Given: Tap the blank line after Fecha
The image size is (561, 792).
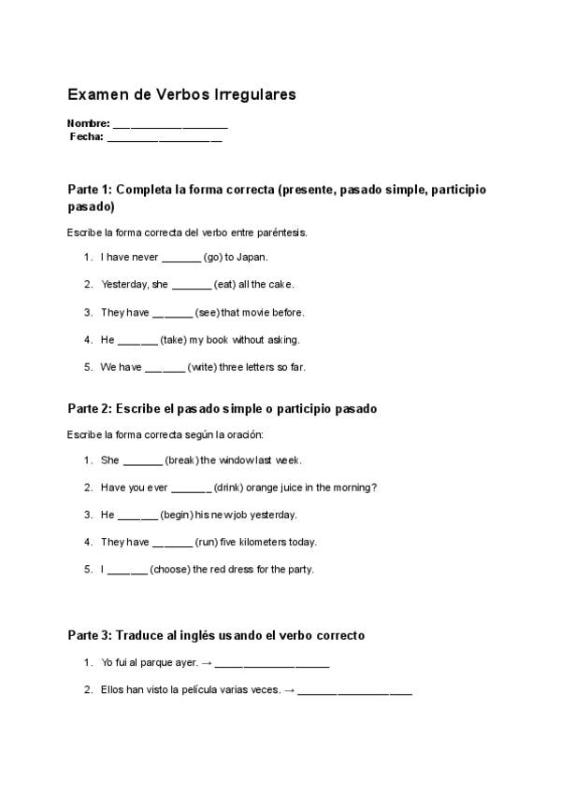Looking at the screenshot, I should coord(165,138).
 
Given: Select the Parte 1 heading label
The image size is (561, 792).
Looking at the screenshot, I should coord(90,190).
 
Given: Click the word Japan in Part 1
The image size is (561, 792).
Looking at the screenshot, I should coord(254,257).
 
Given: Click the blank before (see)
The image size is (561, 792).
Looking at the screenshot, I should coord(172,313).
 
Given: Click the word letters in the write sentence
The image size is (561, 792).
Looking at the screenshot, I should coord(271,368).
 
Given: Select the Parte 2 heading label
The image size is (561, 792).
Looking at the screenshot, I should coord(90,409).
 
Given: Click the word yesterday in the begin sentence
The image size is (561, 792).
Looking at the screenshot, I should coord(276,515).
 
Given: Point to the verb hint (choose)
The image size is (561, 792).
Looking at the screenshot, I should coord(170,570).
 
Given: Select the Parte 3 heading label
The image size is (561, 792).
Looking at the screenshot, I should coord(90,635).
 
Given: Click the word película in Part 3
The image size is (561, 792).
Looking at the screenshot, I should coord(202,691).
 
